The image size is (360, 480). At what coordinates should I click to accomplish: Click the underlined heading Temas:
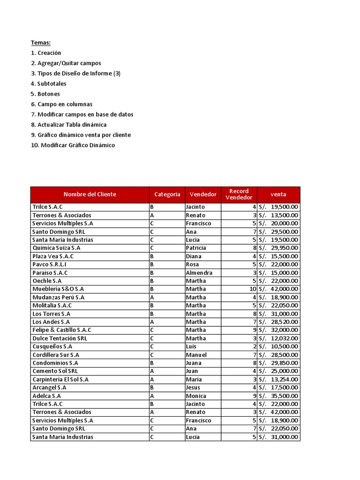point(41,43)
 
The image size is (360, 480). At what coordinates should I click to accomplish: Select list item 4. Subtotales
point(49,83)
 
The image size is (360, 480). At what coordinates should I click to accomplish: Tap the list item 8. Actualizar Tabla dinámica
point(69,125)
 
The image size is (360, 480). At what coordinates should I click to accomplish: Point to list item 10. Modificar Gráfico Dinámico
point(73,145)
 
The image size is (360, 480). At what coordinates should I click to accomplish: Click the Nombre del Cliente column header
point(90,195)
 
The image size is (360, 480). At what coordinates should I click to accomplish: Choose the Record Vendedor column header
point(239,195)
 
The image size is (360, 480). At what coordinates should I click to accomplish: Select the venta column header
point(278,195)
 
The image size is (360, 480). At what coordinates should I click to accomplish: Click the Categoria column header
point(167,195)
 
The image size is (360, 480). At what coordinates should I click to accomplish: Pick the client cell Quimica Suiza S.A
point(56,248)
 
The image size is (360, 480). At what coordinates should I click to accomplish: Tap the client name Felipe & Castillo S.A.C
point(62,330)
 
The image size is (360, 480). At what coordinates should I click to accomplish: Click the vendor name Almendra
point(199,273)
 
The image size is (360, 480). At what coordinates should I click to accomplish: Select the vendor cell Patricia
point(197,248)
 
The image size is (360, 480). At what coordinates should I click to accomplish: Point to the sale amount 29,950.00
point(285,248)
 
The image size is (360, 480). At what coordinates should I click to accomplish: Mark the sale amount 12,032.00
point(285,338)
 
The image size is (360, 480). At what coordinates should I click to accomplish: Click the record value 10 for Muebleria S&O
point(253,289)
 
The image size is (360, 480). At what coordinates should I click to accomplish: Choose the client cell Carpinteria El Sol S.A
point(60,379)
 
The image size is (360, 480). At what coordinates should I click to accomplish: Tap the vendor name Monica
point(195,396)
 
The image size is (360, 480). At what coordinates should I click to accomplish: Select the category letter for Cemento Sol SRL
point(152,371)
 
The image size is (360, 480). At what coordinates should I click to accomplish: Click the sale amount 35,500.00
point(285,396)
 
